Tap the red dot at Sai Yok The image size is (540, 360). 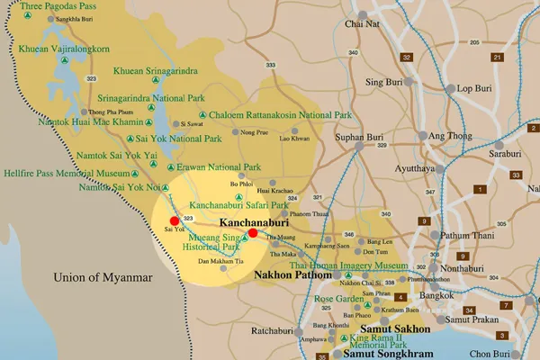(x=175, y=220)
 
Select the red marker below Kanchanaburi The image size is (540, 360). (x=253, y=232)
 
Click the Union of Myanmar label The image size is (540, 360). (x=102, y=277)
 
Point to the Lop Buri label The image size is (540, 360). (x=477, y=89)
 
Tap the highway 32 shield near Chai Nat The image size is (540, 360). (x=407, y=57)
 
